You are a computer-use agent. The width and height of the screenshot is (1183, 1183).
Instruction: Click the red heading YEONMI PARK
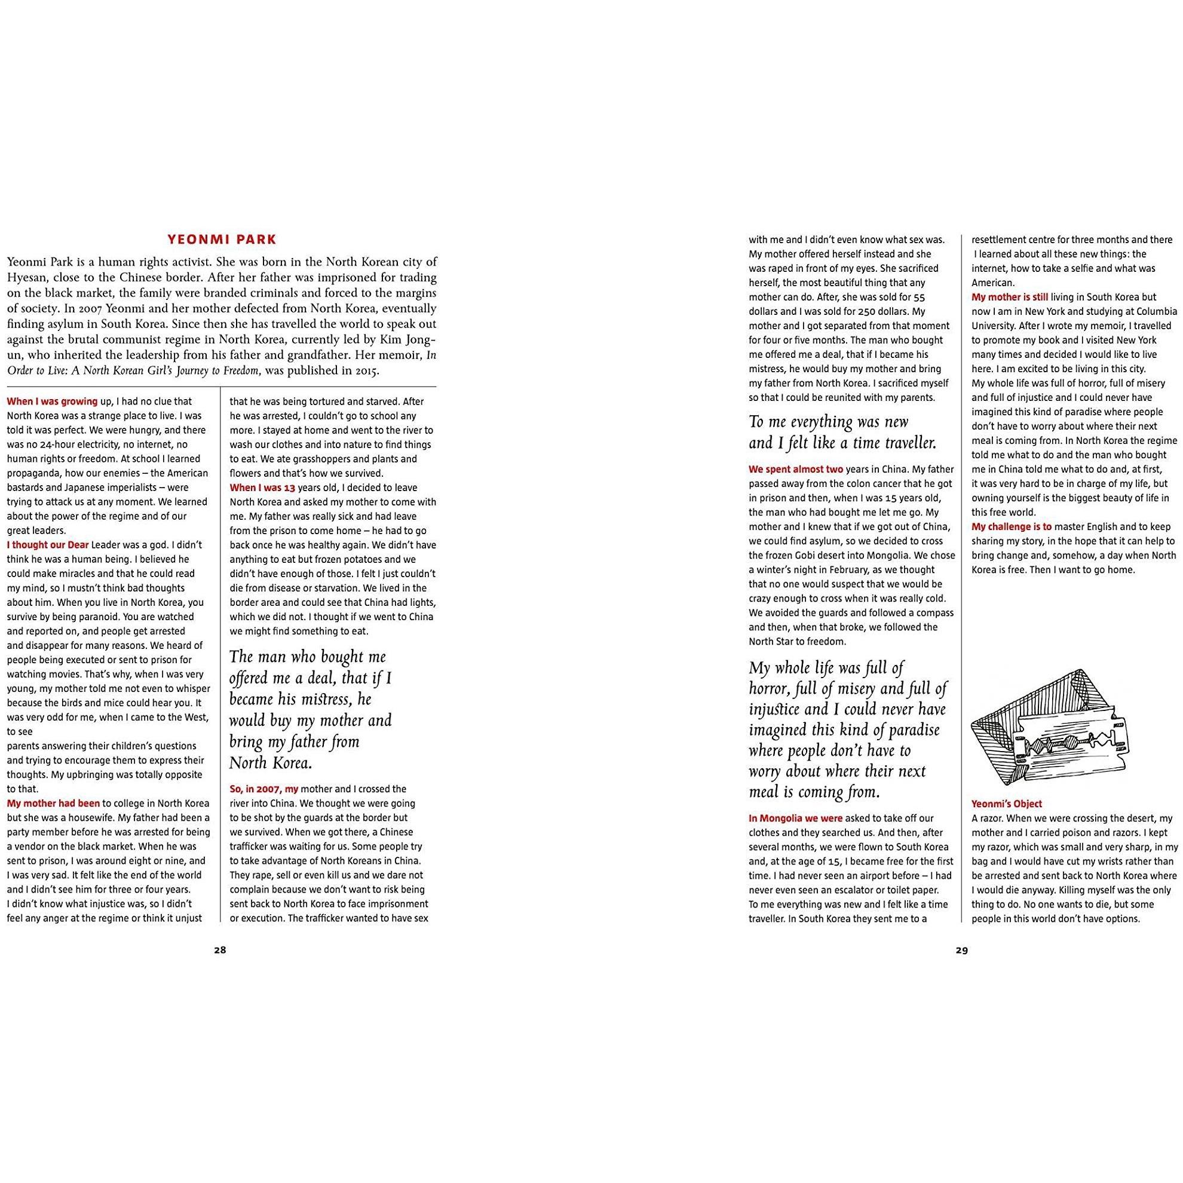pos(222,240)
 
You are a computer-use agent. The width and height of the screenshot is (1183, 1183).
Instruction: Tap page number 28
pos(220,951)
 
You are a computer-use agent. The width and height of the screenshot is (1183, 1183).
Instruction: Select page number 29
pos(961,951)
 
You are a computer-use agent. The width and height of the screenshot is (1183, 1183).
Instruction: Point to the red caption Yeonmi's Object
pos(1007,804)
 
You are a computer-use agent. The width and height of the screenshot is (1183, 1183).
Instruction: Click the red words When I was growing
pos(52,402)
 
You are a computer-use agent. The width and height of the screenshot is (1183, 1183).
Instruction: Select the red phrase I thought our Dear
pos(48,545)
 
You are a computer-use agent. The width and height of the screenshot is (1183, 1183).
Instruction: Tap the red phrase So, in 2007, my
pos(264,789)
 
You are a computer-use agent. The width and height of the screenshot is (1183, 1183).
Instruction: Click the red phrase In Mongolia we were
pos(795,818)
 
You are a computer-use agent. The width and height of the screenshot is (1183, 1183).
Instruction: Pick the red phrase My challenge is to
pos(1012,526)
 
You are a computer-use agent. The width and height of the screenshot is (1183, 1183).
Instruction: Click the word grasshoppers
pos(292,459)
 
